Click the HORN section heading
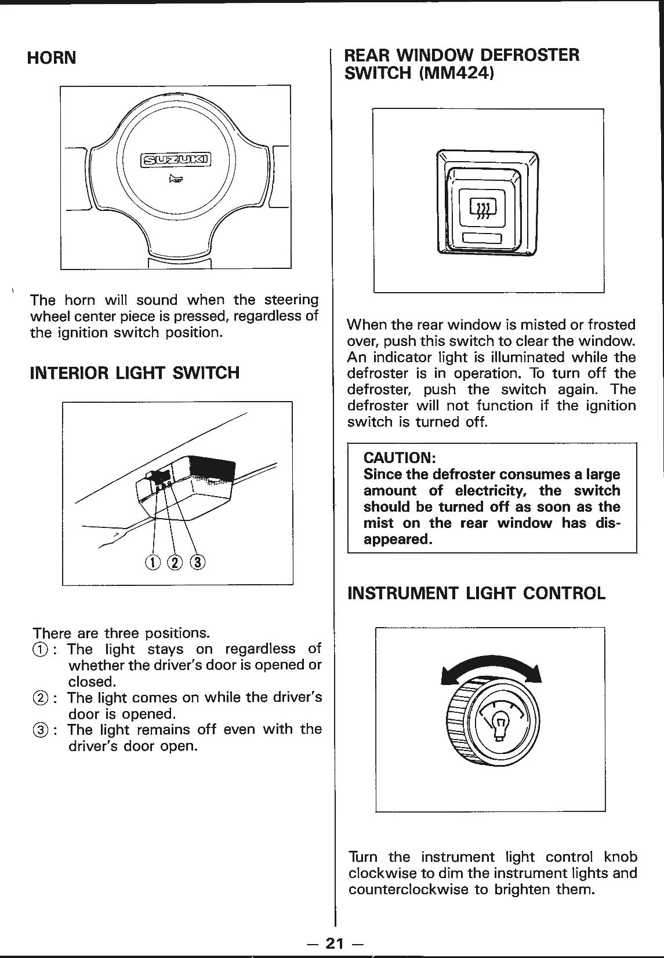(52, 59)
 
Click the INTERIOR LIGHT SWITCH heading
(135, 373)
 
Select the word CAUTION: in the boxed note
(400, 457)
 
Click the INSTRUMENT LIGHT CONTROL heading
(476, 593)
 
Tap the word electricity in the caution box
(489, 491)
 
